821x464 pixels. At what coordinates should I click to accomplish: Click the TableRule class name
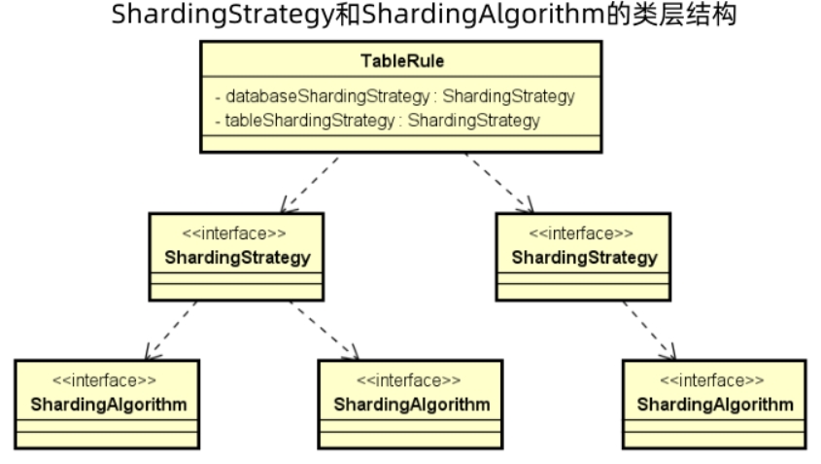tap(402, 61)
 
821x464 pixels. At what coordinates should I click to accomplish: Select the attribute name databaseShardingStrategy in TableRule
tap(327, 96)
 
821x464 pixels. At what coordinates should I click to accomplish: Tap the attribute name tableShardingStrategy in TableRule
tap(309, 121)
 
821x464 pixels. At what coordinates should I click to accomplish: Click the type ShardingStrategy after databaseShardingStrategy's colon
tap(508, 96)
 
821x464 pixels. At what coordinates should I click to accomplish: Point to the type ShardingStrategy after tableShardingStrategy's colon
tap(473, 121)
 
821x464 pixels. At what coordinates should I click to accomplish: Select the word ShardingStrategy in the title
tap(223, 15)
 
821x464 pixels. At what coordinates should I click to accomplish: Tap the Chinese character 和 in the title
tap(348, 15)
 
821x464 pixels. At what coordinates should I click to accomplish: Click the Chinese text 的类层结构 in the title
tap(671, 15)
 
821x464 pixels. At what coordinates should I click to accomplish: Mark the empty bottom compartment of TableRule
tap(401, 144)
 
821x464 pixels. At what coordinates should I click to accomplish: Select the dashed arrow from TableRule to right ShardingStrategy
tap(499, 183)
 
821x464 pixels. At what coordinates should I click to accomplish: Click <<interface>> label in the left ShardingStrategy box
tap(234, 232)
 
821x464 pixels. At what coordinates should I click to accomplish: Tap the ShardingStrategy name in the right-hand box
tap(584, 258)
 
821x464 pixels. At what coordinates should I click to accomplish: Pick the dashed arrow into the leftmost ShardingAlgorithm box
tap(171, 331)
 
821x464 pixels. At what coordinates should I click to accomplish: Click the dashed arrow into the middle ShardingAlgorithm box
tap(325, 331)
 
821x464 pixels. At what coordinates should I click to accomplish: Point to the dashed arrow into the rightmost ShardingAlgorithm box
tap(649, 331)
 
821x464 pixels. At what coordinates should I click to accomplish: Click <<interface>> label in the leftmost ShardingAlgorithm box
tap(104, 380)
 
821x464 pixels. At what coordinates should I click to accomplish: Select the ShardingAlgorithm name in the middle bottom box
tap(412, 405)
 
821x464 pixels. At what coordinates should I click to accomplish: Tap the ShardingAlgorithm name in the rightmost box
tap(715, 405)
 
